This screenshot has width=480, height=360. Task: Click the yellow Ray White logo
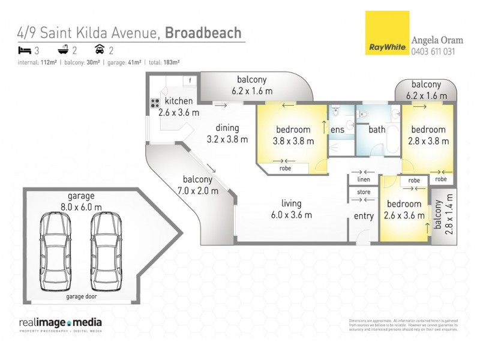pos(387,34)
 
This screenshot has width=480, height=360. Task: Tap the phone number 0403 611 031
pos(433,52)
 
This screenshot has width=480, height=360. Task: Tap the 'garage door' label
pos(81,296)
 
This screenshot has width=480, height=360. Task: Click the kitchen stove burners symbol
pos(155,103)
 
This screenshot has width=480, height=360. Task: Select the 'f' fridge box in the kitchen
pos(190,80)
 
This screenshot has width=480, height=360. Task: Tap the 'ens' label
pos(338,129)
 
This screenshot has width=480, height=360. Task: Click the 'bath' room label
pos(377,129)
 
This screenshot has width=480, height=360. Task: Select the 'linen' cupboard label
pos(364,179)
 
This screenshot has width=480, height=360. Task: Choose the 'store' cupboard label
pos(364,193)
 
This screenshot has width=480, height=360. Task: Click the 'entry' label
pos(364,216)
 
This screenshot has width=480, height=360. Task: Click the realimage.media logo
pos(60,323)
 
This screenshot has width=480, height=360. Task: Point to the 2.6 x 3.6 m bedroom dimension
pos(403,215)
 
